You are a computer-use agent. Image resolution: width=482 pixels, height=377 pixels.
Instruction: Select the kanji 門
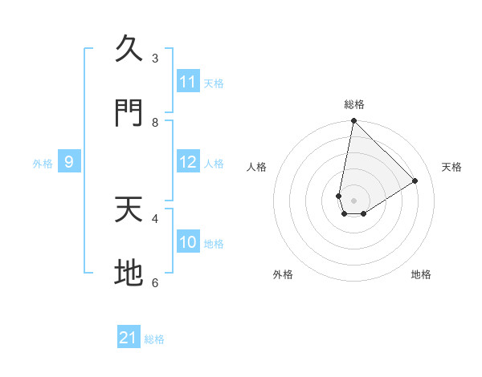(x=129, y=113)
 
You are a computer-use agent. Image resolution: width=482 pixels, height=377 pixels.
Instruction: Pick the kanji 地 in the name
(x=129, y=273)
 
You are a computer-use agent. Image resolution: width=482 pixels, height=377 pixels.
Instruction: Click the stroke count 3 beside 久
(x=155, y=58)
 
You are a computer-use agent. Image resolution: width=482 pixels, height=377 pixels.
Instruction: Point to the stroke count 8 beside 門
(x=155, y=122)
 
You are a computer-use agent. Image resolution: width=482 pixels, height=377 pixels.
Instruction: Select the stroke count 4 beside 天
(x=155, y=217)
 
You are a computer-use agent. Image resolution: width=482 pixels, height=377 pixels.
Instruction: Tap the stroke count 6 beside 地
(x=155, y=282)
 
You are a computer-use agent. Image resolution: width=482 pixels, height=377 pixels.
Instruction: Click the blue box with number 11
(x=188, y=82)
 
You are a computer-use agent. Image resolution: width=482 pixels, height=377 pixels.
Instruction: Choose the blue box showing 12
(x=188, y=162)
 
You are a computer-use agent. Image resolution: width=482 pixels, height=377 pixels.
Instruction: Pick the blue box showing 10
(x=188, y=242)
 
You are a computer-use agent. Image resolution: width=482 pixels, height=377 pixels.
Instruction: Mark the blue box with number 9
(x=69, y=162)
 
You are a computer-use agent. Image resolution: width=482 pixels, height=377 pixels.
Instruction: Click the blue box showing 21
(x=129, y=338)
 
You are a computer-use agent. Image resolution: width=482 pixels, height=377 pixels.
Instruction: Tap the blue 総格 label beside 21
(x=154, y=339)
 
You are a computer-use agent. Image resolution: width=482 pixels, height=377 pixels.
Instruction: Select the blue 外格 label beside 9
(x=43, y=164)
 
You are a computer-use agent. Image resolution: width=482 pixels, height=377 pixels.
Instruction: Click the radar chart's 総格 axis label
(x=354, y=104)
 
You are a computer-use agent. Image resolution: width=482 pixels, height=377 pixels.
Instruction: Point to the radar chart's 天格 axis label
(x=451, y=167)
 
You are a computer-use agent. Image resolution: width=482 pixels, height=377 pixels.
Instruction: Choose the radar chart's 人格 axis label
(x=256, y=167)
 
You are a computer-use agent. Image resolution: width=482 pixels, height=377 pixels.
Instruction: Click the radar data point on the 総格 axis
(x=353, y=121)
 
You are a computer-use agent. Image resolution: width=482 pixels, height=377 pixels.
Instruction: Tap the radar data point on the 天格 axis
(x=415, y=180)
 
